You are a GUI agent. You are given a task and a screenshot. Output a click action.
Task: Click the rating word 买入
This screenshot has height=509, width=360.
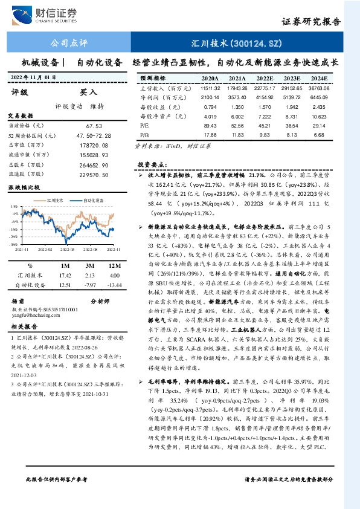point(89,92)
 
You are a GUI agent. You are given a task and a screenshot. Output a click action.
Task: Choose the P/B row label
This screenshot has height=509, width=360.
point(144,134)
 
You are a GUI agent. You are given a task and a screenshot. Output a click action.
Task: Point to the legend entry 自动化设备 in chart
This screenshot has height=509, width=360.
point(92,199)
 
